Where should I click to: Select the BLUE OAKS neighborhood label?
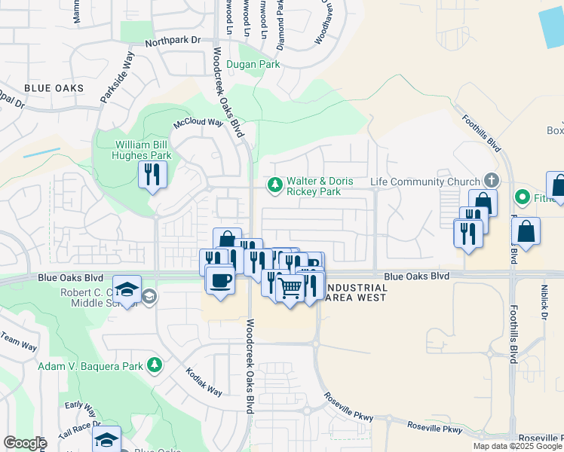point(54,88)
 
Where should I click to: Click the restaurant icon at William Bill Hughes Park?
point(153,175)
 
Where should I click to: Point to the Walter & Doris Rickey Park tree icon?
point(274,184)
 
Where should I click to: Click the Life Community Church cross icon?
point(491,181)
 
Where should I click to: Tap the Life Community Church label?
point(425,182)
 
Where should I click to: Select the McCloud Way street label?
point(199,123)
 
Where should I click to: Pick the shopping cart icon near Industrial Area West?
point(290,287)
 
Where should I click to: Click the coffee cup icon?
point(220,280)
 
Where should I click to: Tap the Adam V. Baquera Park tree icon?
point(155,365)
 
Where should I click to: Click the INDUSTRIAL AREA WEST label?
point(348,292)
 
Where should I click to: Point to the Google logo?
point(25,443)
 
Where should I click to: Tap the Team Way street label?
point(20,341)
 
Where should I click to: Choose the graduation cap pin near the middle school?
point(127,289)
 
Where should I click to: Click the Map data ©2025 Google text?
point(518,447)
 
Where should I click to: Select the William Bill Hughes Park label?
point(143,150)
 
